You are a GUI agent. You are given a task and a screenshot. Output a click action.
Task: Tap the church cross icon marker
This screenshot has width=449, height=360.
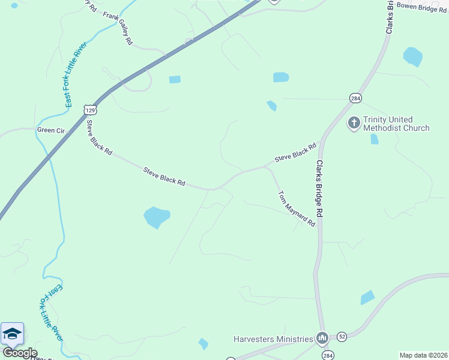(x=354, y=124)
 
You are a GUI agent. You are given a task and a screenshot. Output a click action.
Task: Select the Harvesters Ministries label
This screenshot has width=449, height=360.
(x=273, y=339)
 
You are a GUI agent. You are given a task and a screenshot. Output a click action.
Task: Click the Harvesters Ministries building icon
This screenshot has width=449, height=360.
(x=322, y=339)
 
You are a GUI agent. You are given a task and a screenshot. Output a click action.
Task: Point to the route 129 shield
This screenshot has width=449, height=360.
(x=90, y=110)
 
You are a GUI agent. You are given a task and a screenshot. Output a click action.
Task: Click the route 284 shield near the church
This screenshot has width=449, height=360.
(x=356, y=98)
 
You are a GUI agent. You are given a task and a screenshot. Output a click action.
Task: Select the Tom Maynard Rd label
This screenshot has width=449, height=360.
(x=297, y=208)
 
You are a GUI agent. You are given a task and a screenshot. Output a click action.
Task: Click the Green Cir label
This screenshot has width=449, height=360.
(x=50, y=130)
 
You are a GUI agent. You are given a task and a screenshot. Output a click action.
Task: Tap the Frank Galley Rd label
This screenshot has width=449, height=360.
(x=118, y=28)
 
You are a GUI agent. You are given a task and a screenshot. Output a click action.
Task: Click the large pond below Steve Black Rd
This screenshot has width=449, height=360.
(x=157, y=217)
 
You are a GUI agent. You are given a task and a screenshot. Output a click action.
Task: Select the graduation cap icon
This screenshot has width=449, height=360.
(x=12, y=334)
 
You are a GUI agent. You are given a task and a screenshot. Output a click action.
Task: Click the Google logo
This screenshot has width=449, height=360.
(x=19, y=353)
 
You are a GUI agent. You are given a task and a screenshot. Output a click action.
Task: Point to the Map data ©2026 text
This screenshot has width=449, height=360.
(x=423, y=355)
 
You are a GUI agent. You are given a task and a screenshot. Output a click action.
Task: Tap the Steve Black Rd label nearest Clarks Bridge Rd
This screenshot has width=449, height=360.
(x=295, y=152)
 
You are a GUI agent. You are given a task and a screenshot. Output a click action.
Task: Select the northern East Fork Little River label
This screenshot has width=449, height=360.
(x=76, y=75)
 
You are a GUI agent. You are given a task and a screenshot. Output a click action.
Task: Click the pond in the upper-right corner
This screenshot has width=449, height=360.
(x=412, y=56)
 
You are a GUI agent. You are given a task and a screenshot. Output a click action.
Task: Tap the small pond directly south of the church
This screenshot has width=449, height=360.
(x=375, y=139)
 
